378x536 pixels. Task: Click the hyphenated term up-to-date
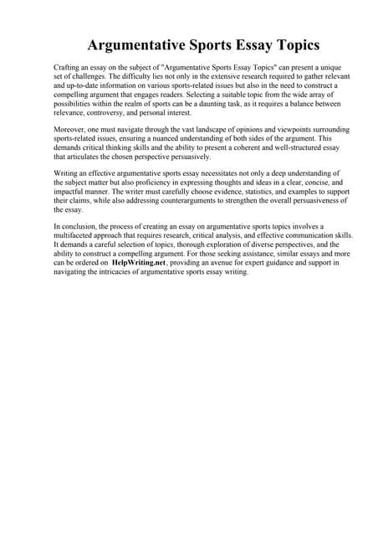coord(83,85)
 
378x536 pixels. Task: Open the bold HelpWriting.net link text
coord(139,262)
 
